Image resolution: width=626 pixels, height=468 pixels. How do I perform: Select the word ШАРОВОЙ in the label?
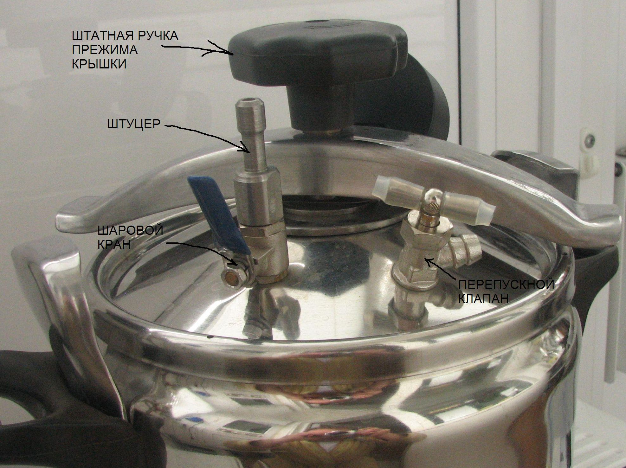[130, 230]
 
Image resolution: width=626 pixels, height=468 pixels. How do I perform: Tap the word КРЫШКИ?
[99, 64]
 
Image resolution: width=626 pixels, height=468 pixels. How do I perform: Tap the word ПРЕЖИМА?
[105, 50]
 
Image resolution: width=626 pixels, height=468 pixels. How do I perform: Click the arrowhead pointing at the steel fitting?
[248, 148]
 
